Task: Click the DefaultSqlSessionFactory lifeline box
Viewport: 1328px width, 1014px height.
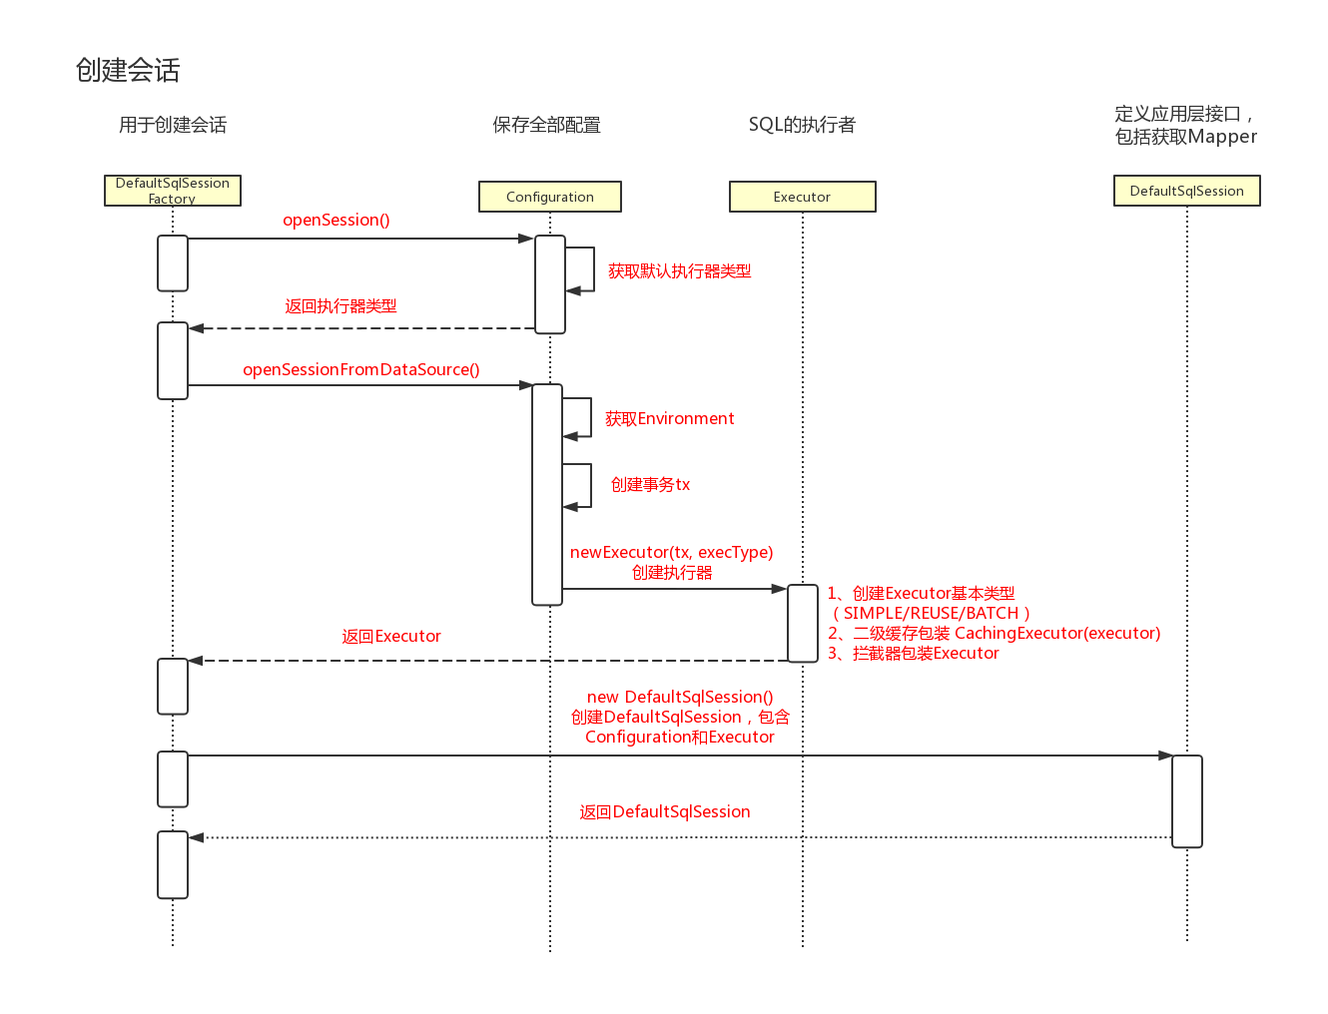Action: [173, 191]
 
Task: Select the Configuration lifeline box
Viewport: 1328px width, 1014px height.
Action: [550, 197]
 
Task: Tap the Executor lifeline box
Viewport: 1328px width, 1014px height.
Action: [802, 197]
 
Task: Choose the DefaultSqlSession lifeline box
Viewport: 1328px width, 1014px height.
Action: [1186, 191]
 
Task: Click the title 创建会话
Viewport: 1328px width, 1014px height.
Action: [128, 70]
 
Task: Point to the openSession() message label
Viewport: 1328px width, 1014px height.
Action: [336, 220]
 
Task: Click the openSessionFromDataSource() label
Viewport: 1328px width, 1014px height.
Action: [360, 369]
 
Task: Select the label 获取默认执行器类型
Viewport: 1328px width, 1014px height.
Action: [679, 271]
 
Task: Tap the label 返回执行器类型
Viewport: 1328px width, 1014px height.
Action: [340, 306]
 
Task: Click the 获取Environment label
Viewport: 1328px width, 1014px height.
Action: [669, 419]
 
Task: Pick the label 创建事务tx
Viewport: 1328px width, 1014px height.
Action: [650, 485]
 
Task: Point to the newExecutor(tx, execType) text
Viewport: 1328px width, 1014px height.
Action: [671, 552]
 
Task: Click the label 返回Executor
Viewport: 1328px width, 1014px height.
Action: [390, 637]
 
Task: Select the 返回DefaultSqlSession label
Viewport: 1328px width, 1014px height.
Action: [665, 812]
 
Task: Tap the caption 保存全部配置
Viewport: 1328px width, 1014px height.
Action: [546, 125]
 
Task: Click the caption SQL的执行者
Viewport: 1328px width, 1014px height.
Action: [802, 125]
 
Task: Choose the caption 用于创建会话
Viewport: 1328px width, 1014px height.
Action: [173, 125]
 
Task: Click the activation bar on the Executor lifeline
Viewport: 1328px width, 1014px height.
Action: [803, 623]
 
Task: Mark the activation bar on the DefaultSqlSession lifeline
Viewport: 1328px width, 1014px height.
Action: [1186, 800]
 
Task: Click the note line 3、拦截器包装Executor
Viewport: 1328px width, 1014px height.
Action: [913, 654]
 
